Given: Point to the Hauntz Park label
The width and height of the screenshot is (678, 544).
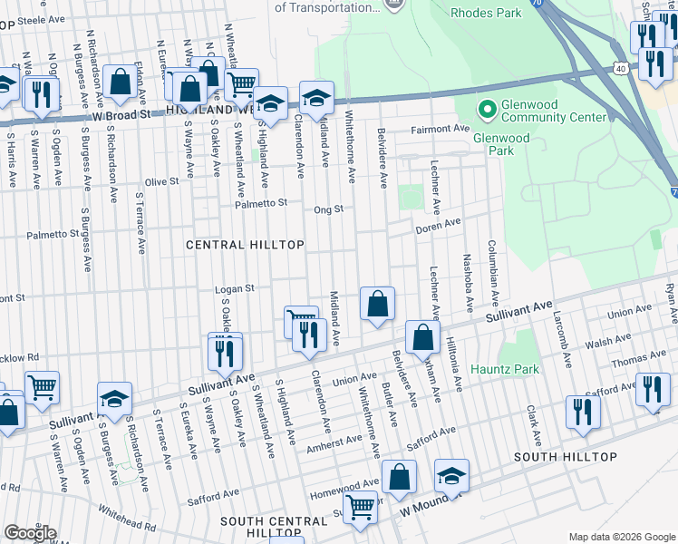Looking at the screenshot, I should point(505,370).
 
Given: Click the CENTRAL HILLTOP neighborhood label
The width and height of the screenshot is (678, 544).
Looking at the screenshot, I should point(244,246).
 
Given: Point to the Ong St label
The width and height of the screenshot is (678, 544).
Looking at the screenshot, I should point(328,209).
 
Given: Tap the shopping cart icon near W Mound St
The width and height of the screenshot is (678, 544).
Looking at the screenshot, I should point(361,508).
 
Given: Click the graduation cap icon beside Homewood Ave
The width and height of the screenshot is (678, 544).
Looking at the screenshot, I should point(451,475).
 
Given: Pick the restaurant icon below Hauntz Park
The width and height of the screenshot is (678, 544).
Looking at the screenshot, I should point(582,411).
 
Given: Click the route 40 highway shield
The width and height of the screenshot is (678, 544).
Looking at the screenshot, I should point(620,69).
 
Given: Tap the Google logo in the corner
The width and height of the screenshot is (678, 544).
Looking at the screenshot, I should point(30,533).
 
